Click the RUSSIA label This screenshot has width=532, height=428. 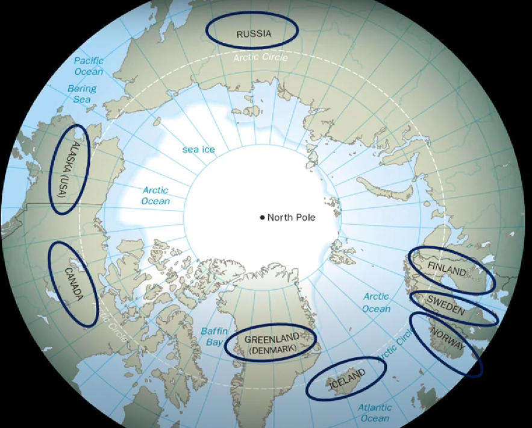253,34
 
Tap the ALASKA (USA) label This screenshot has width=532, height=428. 68,169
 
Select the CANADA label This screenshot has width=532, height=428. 74,283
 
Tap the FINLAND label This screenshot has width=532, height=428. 446,267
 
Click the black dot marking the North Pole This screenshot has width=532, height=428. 262,217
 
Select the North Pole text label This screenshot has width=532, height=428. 291,217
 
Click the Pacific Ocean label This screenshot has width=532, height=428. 89,66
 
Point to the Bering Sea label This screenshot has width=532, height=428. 82,93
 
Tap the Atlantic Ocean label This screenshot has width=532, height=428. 375,413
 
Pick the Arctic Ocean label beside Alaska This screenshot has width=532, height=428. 155,195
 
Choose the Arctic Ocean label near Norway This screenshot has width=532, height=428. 377,303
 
